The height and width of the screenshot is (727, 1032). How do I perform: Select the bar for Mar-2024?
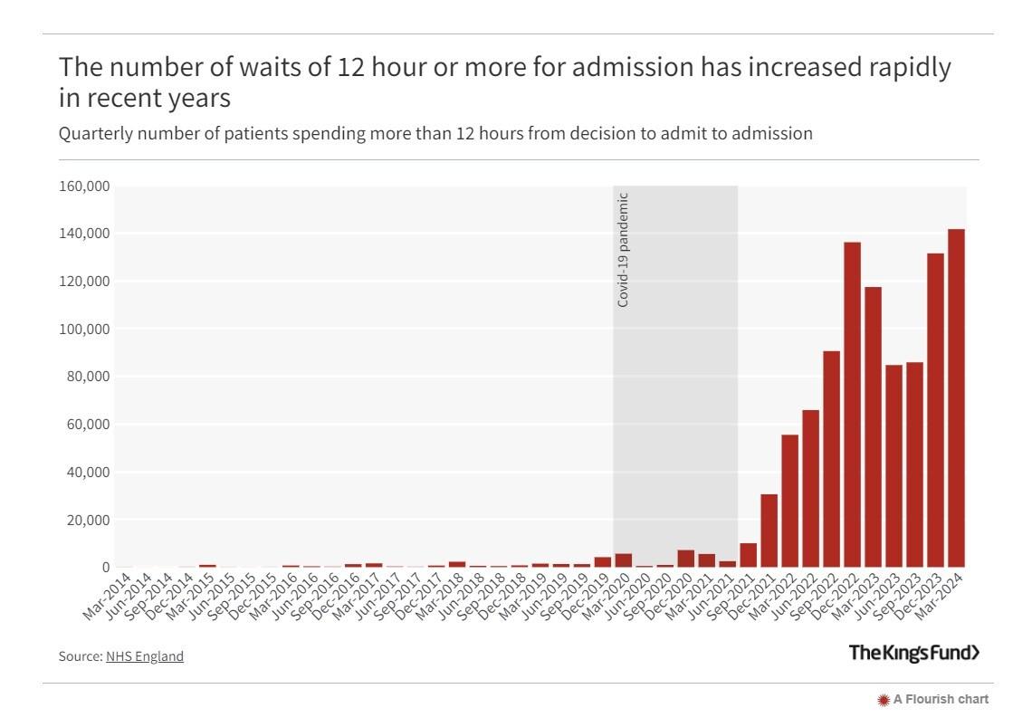(x=956, y=398)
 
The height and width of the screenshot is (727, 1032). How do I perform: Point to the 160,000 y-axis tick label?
(x=84, y=187)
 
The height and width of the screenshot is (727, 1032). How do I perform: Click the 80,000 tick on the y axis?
(x=88, y=377)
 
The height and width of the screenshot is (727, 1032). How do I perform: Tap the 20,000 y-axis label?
(x=88, y=521)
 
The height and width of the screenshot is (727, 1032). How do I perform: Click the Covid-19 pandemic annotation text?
(x=623, y=250)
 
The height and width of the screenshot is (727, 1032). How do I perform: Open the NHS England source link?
(x=145, y=656)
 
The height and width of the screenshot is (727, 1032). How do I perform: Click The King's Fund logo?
(x=913, y=653)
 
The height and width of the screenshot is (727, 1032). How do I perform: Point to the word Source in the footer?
(x=79, y=656)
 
